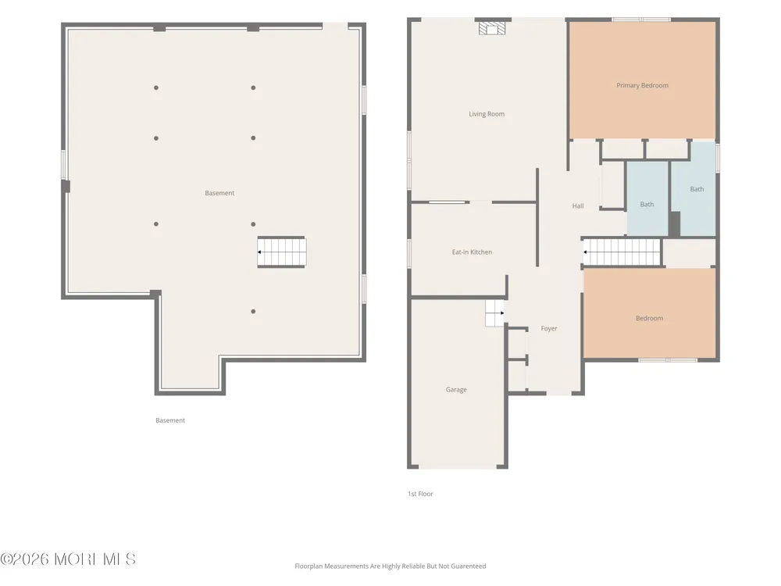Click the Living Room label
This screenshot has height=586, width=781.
coord(487,114)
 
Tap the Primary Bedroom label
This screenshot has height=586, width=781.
coord(642,85)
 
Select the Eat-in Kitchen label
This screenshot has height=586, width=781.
coord(472,252)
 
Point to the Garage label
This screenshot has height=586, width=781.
coord(456,390)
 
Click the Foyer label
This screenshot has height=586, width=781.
coord(549,328)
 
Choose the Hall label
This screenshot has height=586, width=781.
coord(578,205)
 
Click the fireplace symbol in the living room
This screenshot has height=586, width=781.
coord(491,28)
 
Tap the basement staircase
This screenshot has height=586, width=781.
coord(281,252)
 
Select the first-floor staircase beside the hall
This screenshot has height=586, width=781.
coord(622,252)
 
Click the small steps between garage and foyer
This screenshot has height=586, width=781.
coord(495,313)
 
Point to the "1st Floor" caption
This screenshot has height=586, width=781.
coord(420,494)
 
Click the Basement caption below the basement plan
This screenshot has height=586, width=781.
coord(170,420)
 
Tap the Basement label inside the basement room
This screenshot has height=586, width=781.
coord(219,193)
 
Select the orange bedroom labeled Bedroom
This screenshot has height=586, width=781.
coord(650,313)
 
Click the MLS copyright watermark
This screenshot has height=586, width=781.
coord(68,559)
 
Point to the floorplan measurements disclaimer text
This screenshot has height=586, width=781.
coord(390,566)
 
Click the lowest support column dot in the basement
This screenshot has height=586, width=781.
coord(253,312)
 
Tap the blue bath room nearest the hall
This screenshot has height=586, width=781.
coord(647,198)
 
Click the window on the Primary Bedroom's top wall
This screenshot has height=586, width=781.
coord(641,20)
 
